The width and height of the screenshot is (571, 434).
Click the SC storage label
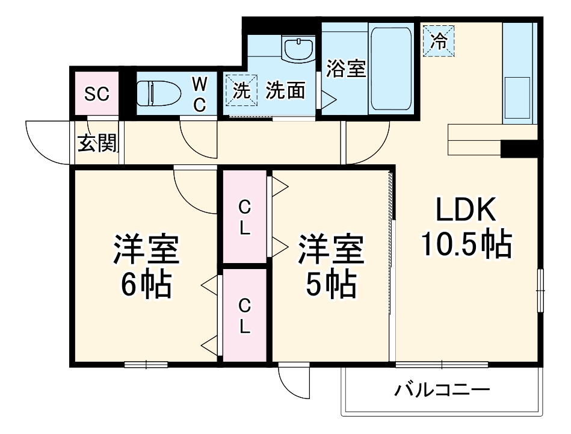point(96,94)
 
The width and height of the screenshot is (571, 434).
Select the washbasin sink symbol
point(298,49)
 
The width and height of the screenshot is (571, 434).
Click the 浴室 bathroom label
point(346,68)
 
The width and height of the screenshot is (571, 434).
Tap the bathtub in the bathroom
point(390,68)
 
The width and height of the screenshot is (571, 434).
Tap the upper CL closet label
point(244,218)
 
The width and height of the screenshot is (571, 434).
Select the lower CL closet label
point(244,317)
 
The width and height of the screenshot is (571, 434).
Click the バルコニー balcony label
point(442,390)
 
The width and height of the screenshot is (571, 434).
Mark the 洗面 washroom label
point(286,91)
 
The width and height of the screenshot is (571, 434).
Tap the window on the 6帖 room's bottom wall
point(146,364)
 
